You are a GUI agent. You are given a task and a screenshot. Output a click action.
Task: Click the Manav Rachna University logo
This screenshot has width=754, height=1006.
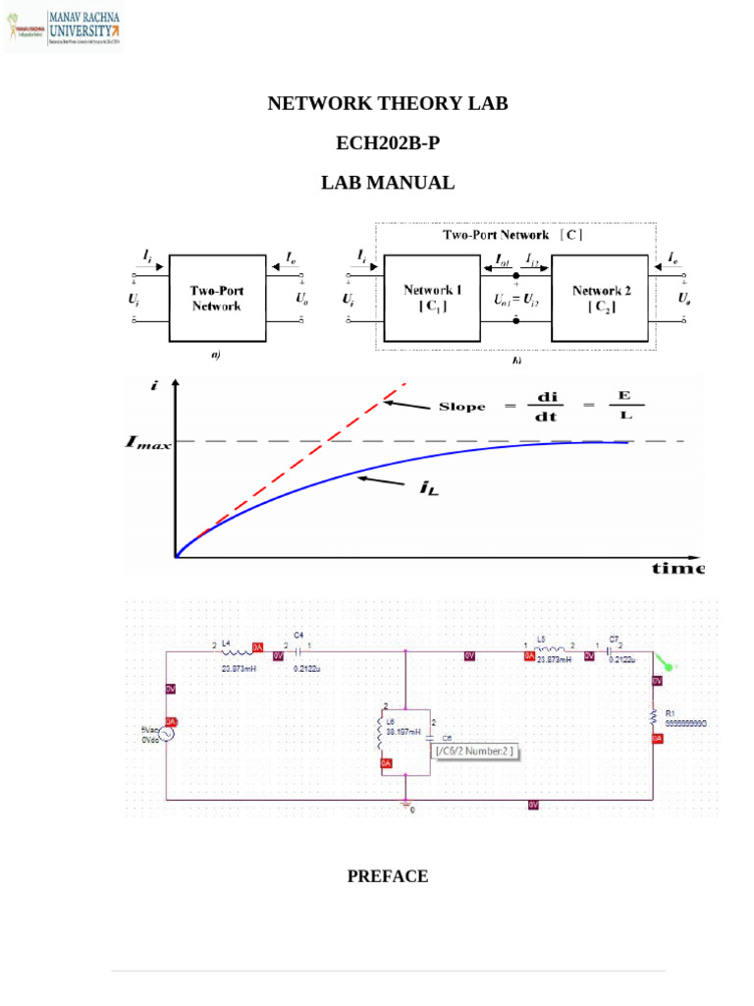65,28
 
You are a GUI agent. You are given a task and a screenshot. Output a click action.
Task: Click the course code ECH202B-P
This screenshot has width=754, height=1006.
388,143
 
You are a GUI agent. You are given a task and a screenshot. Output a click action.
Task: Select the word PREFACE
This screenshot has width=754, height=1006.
388,876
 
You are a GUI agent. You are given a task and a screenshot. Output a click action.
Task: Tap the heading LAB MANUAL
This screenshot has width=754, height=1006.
388,183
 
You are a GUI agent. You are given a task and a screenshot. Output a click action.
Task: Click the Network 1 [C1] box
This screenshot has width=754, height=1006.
433,298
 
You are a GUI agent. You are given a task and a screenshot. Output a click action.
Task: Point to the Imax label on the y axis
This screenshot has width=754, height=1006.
147,443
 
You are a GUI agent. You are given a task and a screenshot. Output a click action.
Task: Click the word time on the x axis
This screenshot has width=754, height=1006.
678,569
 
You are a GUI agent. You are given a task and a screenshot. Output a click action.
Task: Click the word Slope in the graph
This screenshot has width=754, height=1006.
462,407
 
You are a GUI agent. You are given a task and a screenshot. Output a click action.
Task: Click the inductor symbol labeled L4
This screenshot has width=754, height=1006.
235,650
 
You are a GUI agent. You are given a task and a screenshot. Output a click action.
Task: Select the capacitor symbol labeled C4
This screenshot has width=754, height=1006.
297,649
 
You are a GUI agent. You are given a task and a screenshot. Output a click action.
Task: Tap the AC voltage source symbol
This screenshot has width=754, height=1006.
167,733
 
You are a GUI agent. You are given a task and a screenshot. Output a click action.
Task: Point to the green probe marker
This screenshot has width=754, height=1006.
667,664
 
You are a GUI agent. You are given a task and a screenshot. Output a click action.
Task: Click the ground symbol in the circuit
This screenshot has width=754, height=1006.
405,805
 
